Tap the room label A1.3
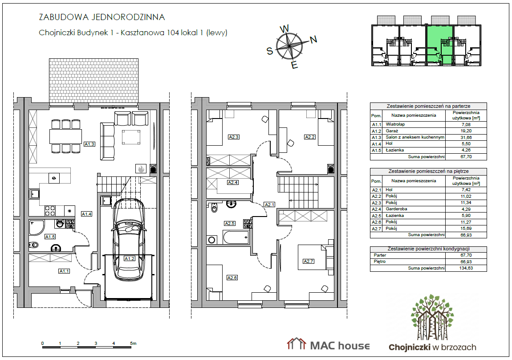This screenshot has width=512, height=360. click(89, 144)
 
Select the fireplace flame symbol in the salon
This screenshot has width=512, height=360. click(141, 168)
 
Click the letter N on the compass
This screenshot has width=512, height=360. click(313, 40)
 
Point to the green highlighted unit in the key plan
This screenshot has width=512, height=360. click(439, 45)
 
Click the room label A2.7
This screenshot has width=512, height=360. click(308, 262)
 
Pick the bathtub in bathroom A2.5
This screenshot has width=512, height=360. click(236, 237)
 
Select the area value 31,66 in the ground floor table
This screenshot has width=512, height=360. click(466, 138)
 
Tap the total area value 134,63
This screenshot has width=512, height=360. click(466, 268)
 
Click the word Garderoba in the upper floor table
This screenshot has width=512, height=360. click(396, 209)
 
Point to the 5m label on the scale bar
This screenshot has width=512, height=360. click(133, 344)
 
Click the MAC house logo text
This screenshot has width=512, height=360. click(340, 346)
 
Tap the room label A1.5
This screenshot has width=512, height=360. click(50, 237)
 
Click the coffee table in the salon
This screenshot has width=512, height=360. click(131, 137)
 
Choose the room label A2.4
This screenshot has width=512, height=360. click(233, 183)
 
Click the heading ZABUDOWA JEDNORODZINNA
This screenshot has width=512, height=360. click(102, 17)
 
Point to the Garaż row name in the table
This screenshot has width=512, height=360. click(392, 131)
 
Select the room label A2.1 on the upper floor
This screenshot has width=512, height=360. click(269, 205)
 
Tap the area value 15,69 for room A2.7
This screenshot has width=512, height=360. click(466, 229)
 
